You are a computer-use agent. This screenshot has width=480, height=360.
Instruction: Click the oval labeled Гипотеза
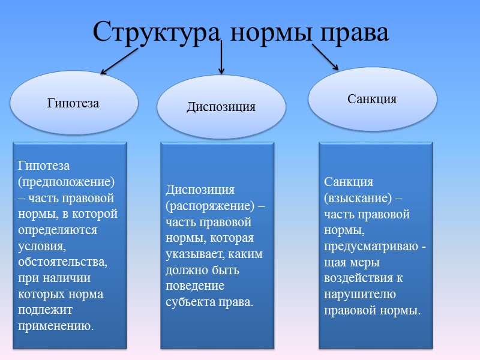[73, 103]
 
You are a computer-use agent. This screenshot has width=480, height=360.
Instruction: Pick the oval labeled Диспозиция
[221, 107]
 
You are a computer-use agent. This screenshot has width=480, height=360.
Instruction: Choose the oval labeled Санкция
[372, 99]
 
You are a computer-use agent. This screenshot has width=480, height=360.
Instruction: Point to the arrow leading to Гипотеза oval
[119, 62]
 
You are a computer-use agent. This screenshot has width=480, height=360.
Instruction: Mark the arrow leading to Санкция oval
[325, 58]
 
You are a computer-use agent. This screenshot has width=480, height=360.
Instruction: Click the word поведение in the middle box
[195, 286]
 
